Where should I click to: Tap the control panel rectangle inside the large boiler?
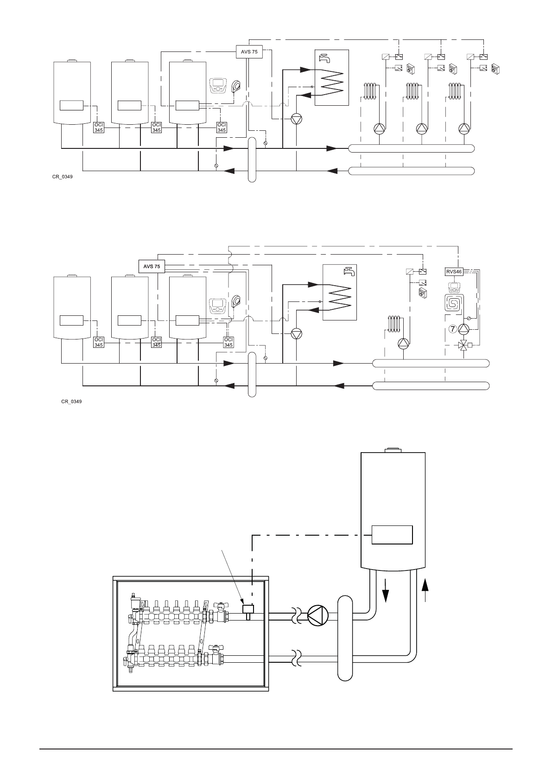(x=393, y=535)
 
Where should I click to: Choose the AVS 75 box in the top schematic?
(x=249, y=51)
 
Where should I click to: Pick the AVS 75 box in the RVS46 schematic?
(x=152, y=266)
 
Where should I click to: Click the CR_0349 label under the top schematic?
(x=63, y=177)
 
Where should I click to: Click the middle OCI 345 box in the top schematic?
(x=157, y=127)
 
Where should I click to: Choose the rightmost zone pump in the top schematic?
(x=463, y=128)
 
